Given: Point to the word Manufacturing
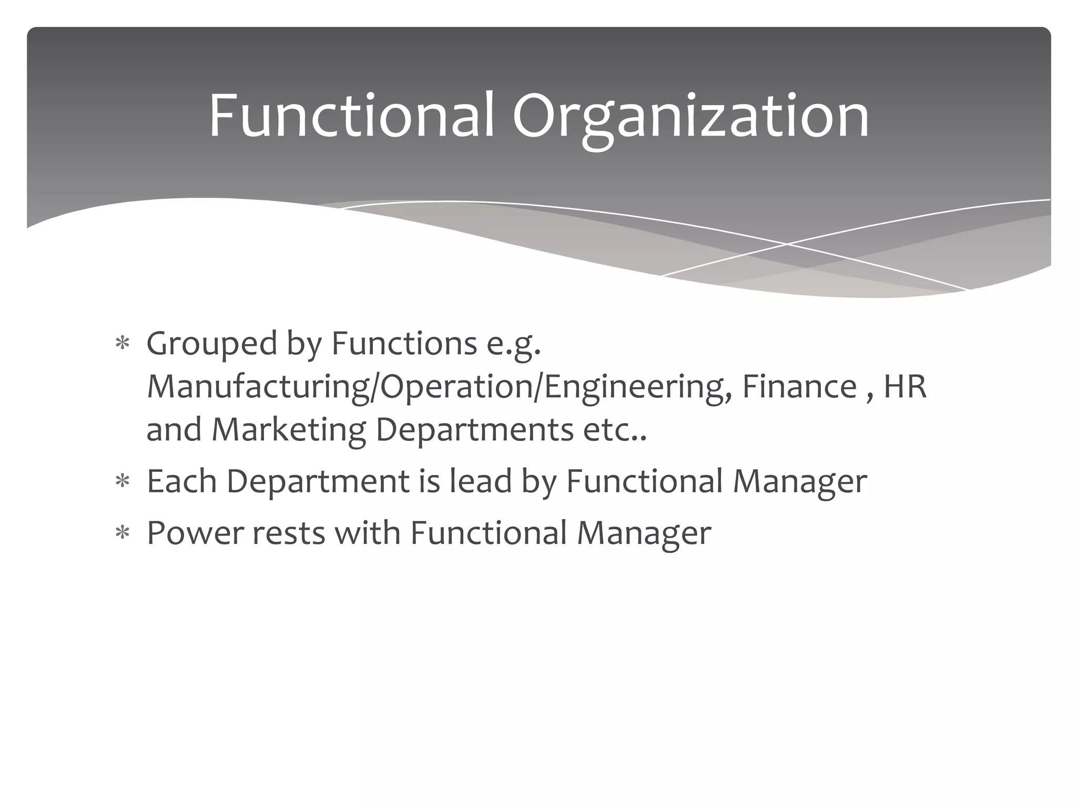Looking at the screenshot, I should click(258, 387).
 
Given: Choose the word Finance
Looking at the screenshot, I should click(799, 386).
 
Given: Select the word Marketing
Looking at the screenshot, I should click(288, 430).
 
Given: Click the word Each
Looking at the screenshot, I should click(181, 481).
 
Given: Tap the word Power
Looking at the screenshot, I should click(195, 532).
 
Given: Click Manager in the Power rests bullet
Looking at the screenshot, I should click(644, 533).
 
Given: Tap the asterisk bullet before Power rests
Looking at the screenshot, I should click(123, 533).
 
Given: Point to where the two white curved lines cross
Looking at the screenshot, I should click(787, 244).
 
